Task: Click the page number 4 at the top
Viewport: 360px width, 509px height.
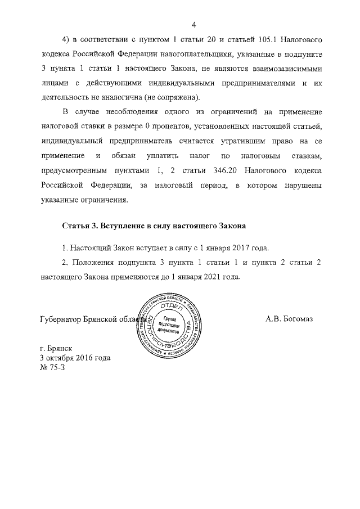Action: pos(193,25)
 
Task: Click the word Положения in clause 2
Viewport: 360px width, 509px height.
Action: pos(93,262)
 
